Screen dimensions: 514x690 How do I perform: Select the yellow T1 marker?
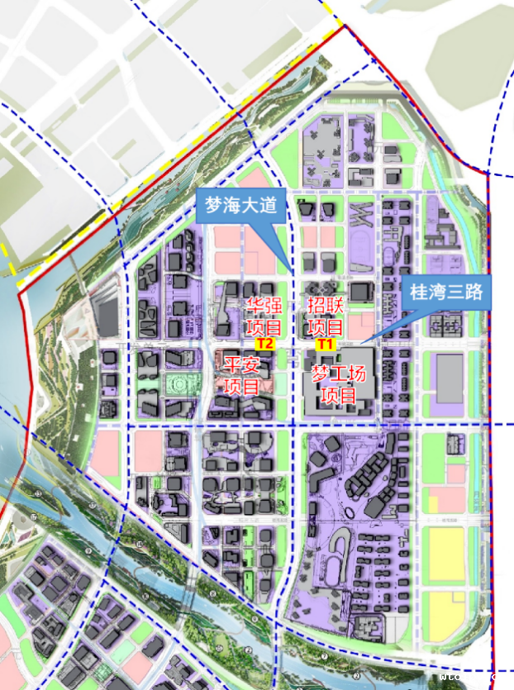[325, 343]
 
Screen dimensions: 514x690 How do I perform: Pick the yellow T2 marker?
[264, 342]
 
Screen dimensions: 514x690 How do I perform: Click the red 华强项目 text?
[264, 316]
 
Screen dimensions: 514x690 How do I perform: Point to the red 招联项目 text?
[326, 316]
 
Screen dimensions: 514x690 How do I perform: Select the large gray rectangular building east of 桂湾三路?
[450, 379]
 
